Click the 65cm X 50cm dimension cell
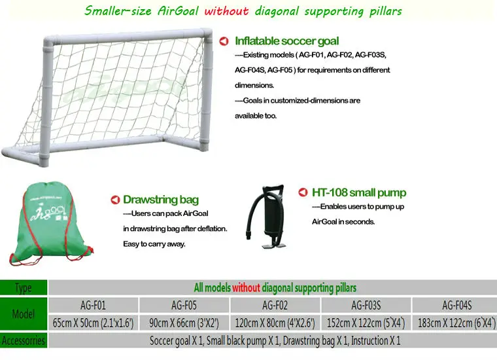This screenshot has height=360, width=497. click(92, 323)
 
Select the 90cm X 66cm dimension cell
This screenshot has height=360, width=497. click(184, 323)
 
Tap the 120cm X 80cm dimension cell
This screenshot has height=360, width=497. click(275, 323)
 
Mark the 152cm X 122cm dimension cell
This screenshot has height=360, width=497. click(366, 323)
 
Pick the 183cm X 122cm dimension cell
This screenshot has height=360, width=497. click(456, 323)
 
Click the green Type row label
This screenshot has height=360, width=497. click(24, 288)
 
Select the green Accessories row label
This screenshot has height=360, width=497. click(24, 341)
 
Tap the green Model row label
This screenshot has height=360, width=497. click(24, 314)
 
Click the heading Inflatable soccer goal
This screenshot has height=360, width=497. click(286, 41)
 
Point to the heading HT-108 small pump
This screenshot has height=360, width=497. click(358, 192)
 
